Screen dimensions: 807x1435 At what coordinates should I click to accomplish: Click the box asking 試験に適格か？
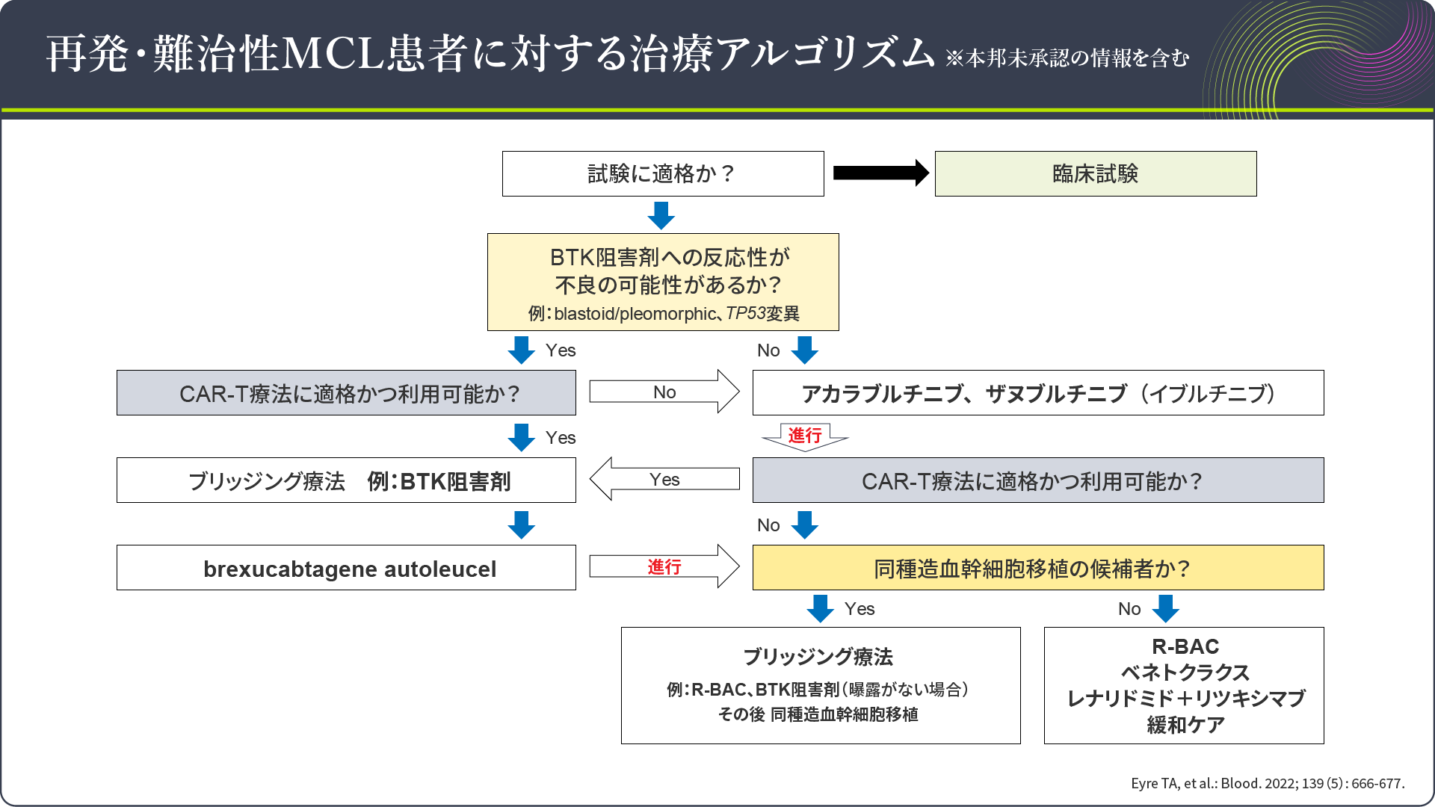coord(662,174)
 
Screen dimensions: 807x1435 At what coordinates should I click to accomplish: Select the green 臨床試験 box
coord(1095,174)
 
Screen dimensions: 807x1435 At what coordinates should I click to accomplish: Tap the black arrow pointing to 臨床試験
coord(880,173)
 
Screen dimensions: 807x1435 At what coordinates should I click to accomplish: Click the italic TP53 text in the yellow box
coord(745,314)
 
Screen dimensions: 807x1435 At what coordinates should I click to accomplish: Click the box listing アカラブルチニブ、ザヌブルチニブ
coord(1037,393)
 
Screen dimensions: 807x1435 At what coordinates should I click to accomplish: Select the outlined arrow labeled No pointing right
coord(664,392)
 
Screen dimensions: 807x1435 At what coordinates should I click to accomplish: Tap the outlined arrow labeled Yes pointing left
coord(664,479)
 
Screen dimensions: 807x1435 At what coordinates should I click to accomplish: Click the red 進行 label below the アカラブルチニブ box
coord(804,435)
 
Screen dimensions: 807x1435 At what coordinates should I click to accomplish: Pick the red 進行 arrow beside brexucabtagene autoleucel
coord(664,567)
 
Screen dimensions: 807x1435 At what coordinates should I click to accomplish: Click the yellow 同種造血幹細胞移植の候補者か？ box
coord(1037,568)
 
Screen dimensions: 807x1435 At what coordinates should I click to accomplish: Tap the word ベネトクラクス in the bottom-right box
coord(1185,672)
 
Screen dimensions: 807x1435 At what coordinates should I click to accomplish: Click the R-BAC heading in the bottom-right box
coord(1185,646)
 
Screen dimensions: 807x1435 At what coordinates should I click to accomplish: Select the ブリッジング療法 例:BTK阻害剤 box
coord(346,480)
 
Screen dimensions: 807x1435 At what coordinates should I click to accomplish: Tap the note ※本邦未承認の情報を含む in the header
coord(1067,58)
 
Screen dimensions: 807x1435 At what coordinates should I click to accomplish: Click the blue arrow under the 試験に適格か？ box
coord(661,215)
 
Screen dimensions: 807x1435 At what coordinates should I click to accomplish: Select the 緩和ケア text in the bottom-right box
coord(1185,725)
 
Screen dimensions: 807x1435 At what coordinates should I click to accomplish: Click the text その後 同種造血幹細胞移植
coord(818,714)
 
